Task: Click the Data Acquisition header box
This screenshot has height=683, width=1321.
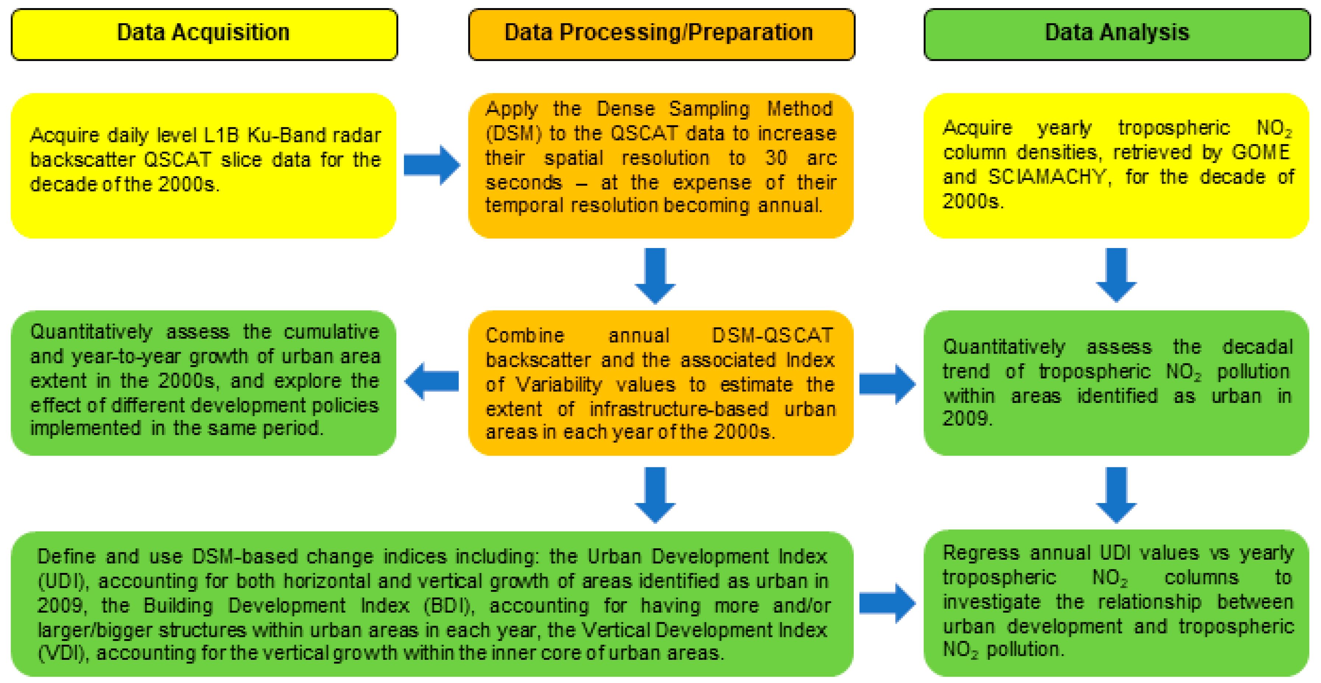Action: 204,34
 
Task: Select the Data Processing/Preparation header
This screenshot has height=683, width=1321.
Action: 661,34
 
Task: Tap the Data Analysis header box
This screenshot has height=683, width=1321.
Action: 1117,34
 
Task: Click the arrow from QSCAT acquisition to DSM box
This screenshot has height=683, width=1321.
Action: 432,165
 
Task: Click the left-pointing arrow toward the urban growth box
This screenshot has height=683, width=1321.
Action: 432,381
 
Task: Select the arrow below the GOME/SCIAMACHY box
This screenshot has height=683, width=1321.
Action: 1116,275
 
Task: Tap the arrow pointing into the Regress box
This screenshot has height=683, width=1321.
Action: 887,603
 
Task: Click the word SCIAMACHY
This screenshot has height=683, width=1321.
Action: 1046,177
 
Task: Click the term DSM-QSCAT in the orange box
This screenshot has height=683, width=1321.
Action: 773,336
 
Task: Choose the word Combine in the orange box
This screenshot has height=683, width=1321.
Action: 525,336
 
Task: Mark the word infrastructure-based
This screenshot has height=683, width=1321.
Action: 678,409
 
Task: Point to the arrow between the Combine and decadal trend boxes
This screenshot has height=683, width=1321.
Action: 887,384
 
